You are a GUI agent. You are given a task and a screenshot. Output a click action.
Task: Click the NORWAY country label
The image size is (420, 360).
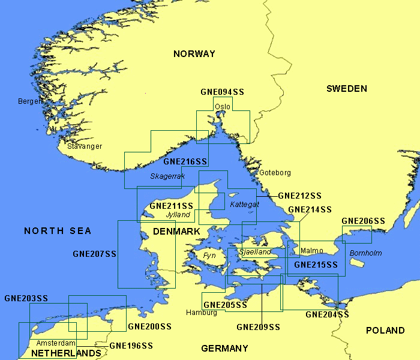tap(194, 54)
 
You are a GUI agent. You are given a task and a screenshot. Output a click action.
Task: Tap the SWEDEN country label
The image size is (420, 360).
tap(346, 89)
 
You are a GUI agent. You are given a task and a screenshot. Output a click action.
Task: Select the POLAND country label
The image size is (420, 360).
tap(385, 331)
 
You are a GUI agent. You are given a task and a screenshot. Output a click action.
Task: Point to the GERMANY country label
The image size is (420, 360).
tap(224, 349)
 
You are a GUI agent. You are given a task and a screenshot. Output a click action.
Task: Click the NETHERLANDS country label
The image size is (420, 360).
tap(66, 353)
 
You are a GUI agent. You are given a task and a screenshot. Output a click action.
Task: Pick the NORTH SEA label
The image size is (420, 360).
tap(58, 231)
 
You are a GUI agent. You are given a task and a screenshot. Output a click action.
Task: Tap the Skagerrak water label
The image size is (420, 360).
tap(167, 176)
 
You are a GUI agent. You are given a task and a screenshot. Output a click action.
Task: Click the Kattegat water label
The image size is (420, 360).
tap(244, 205)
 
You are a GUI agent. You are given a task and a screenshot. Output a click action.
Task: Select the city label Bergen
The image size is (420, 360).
tap(31, 101)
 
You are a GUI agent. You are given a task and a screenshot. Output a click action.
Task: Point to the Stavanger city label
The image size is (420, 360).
tap(85, 146)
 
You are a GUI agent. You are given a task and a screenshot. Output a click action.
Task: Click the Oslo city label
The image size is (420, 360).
tap(222, 107)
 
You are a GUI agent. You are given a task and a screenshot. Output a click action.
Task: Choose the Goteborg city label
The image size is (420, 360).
tap(275, 173)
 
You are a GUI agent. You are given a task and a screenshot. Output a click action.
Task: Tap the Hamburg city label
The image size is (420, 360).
tap(202, 313)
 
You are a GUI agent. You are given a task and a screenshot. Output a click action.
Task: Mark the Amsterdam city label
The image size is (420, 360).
tap(56, 343)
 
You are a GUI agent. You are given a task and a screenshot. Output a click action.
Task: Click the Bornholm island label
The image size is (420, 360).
tap(365, 253)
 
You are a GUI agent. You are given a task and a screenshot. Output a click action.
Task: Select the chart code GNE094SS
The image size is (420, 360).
tap(222, 92)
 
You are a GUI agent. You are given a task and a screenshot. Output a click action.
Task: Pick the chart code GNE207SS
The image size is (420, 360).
tap(94, 254)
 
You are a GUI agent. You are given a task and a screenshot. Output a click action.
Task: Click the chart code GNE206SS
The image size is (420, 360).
tap(363, 221)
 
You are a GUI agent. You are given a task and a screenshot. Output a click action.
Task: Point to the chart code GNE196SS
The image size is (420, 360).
tap(131, 346)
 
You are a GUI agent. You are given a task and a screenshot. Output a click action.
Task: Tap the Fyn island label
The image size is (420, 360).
tap(209, 256)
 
